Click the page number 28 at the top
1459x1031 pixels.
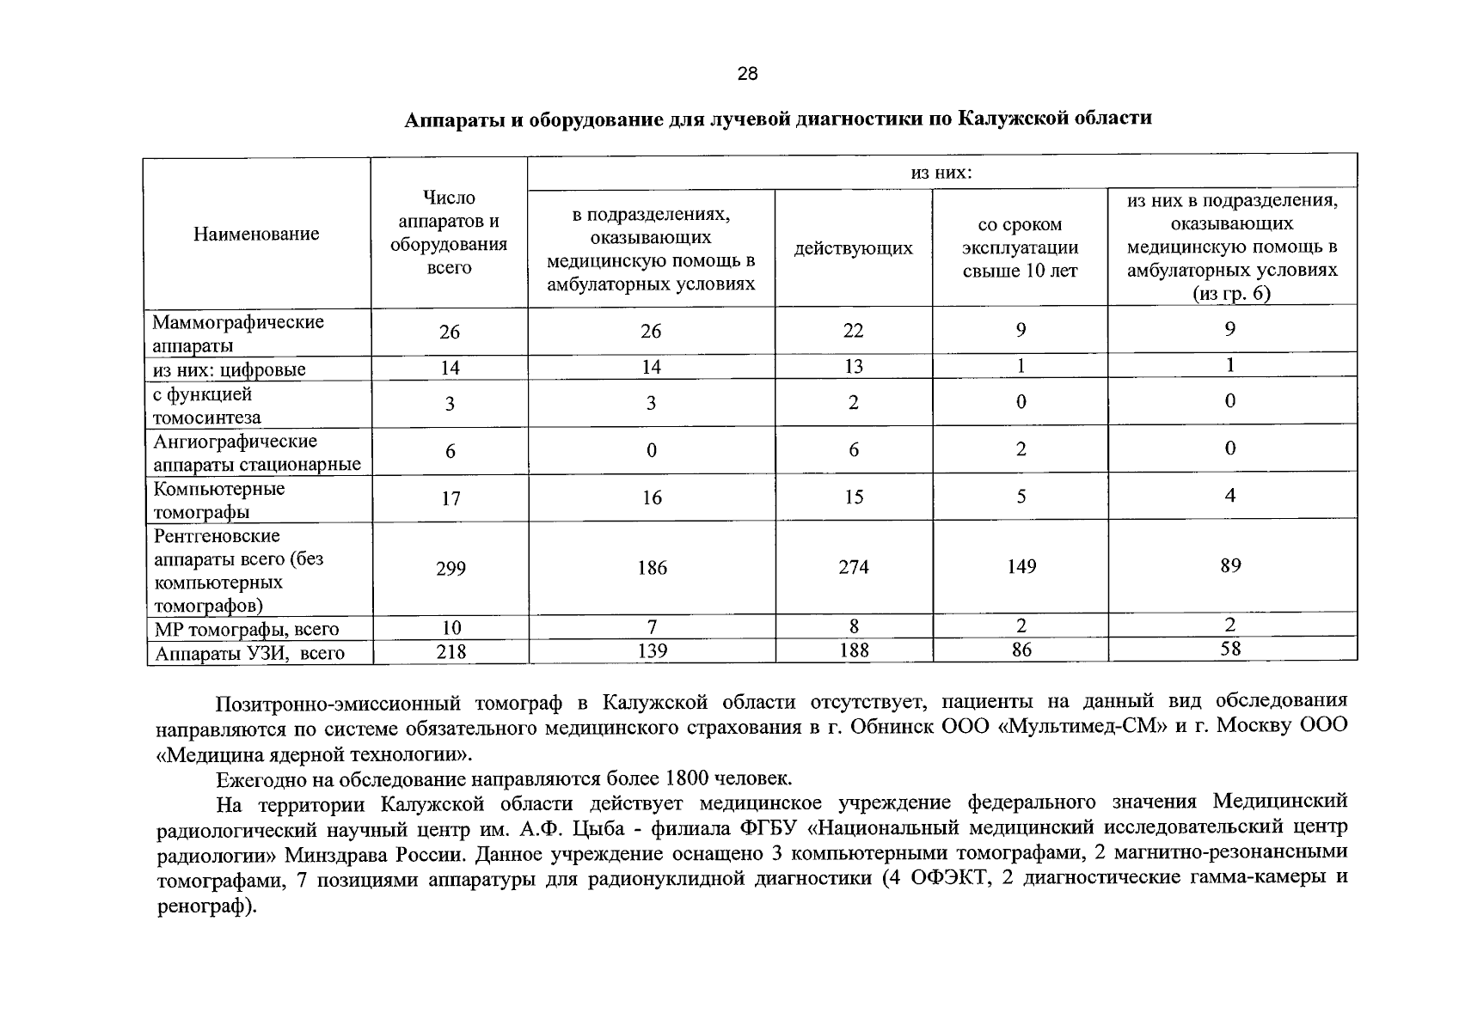[747, 74]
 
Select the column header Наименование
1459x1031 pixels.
[256, 234]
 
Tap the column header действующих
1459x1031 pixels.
[853, 248]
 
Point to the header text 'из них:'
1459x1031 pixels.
[941, 173]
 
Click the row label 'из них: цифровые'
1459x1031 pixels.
[229, 369]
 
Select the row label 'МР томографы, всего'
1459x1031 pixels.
[247, 630]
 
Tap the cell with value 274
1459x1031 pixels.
[853, 567]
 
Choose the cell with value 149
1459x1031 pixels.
[1021, 567]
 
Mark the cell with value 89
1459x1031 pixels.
[1230, 566]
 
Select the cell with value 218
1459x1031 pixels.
[450, 652]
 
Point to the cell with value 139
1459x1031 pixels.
[652, 651]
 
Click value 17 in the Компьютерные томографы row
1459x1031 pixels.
[450, 498]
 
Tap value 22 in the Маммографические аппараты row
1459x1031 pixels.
[853, 331]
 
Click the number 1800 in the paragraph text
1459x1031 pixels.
[686, 779]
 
